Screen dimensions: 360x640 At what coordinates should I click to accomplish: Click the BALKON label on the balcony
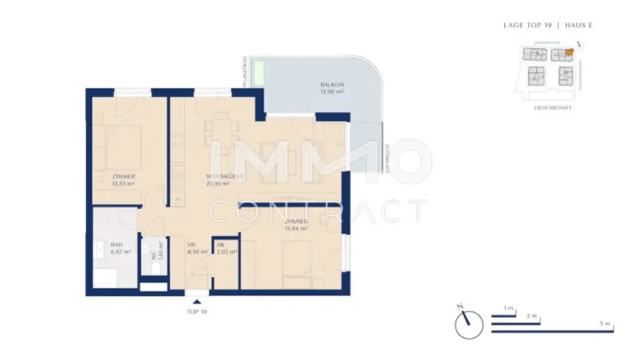(332, 84)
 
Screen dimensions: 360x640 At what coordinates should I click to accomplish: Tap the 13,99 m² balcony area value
(332, 92)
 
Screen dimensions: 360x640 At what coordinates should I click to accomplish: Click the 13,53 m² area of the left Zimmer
(123, 184)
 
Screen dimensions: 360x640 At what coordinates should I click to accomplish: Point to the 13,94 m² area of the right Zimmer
(296, 229)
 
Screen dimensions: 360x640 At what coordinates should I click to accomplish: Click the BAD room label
(116, 245)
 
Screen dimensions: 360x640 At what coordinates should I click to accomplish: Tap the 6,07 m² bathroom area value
(120, 252)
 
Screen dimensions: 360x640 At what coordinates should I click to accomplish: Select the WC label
(152, 256)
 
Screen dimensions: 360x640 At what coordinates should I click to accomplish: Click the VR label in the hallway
(192, 245)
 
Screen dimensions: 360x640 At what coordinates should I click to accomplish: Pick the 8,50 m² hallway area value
(197, 252)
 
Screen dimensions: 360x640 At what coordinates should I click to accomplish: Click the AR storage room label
(220, 245)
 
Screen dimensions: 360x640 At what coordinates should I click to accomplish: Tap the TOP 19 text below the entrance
(196, 311)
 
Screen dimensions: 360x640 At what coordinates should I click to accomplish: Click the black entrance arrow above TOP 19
(197, 302)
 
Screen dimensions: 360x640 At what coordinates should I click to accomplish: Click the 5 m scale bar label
(604, 323)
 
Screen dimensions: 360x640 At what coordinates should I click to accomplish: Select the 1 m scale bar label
(509, 309)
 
